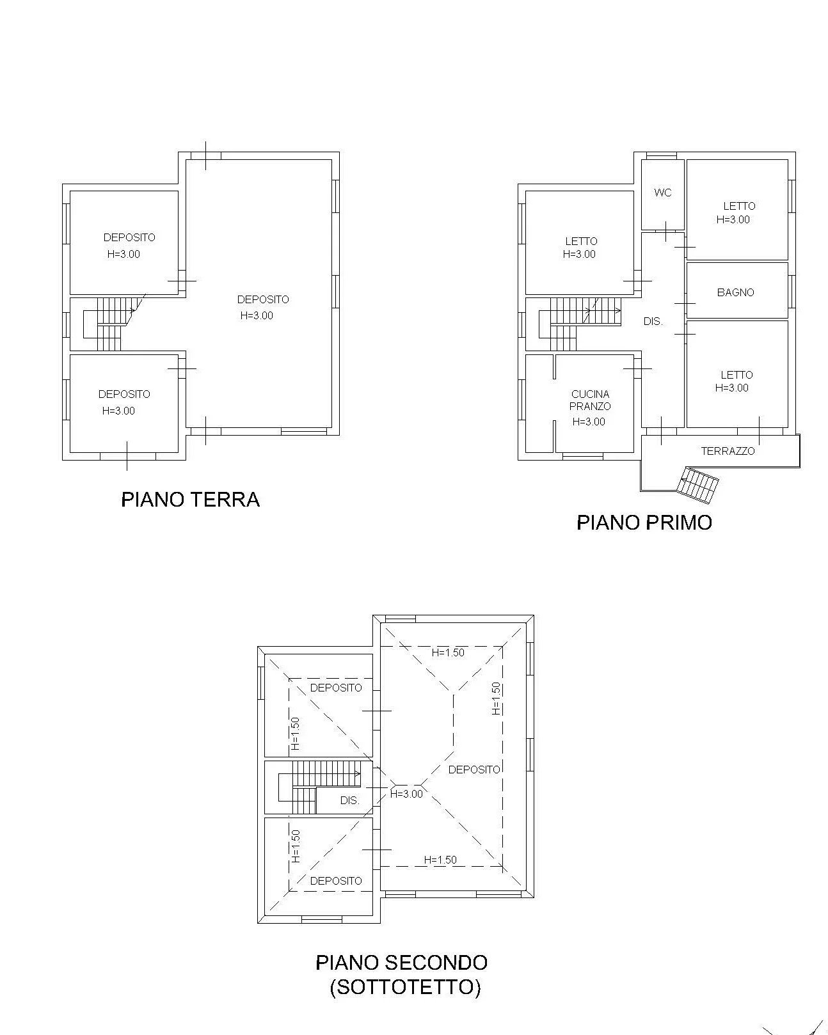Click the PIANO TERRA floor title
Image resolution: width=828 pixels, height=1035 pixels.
tap(190, 500)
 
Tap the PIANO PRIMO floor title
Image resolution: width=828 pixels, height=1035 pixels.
tap(644, 523)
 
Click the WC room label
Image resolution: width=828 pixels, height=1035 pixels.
tap(662, 193)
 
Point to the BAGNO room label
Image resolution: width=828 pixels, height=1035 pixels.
tap(735, 292)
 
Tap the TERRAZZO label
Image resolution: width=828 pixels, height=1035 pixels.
tap(728, 451)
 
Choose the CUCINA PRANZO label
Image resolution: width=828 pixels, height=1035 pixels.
tap(590, 400)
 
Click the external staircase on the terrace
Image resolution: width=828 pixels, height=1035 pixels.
tap(697, 486)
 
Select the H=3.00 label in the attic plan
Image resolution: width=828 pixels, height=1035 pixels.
tap(406, 794)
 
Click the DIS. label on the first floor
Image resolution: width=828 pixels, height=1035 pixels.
tap(653, 321)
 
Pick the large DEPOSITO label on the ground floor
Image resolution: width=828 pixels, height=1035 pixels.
tap(263, 299)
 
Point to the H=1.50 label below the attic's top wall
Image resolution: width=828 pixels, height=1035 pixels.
tap(447, 652)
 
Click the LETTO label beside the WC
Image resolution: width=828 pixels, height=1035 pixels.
tap(739, 207)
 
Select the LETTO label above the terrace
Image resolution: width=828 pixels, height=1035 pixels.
tap(736, 375)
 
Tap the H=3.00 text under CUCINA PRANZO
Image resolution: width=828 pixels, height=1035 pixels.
tap(589, 422)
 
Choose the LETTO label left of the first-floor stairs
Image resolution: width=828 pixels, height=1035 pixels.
tap(581, 241)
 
